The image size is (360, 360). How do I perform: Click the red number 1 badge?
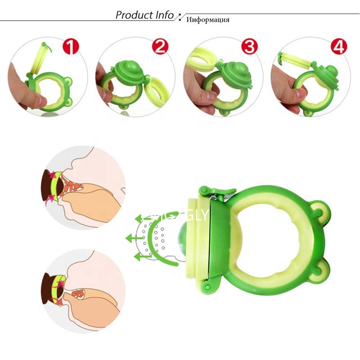tap(71, 46)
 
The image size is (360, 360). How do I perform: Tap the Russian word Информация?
tap(208, 20)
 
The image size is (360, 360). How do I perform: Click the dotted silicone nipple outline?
tap(155, 236)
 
